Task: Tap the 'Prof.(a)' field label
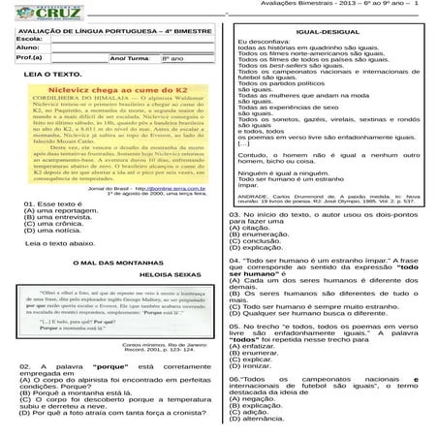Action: point(18,58)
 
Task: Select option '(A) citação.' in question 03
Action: point(255,227)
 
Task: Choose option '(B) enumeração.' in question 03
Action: point(264,235)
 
